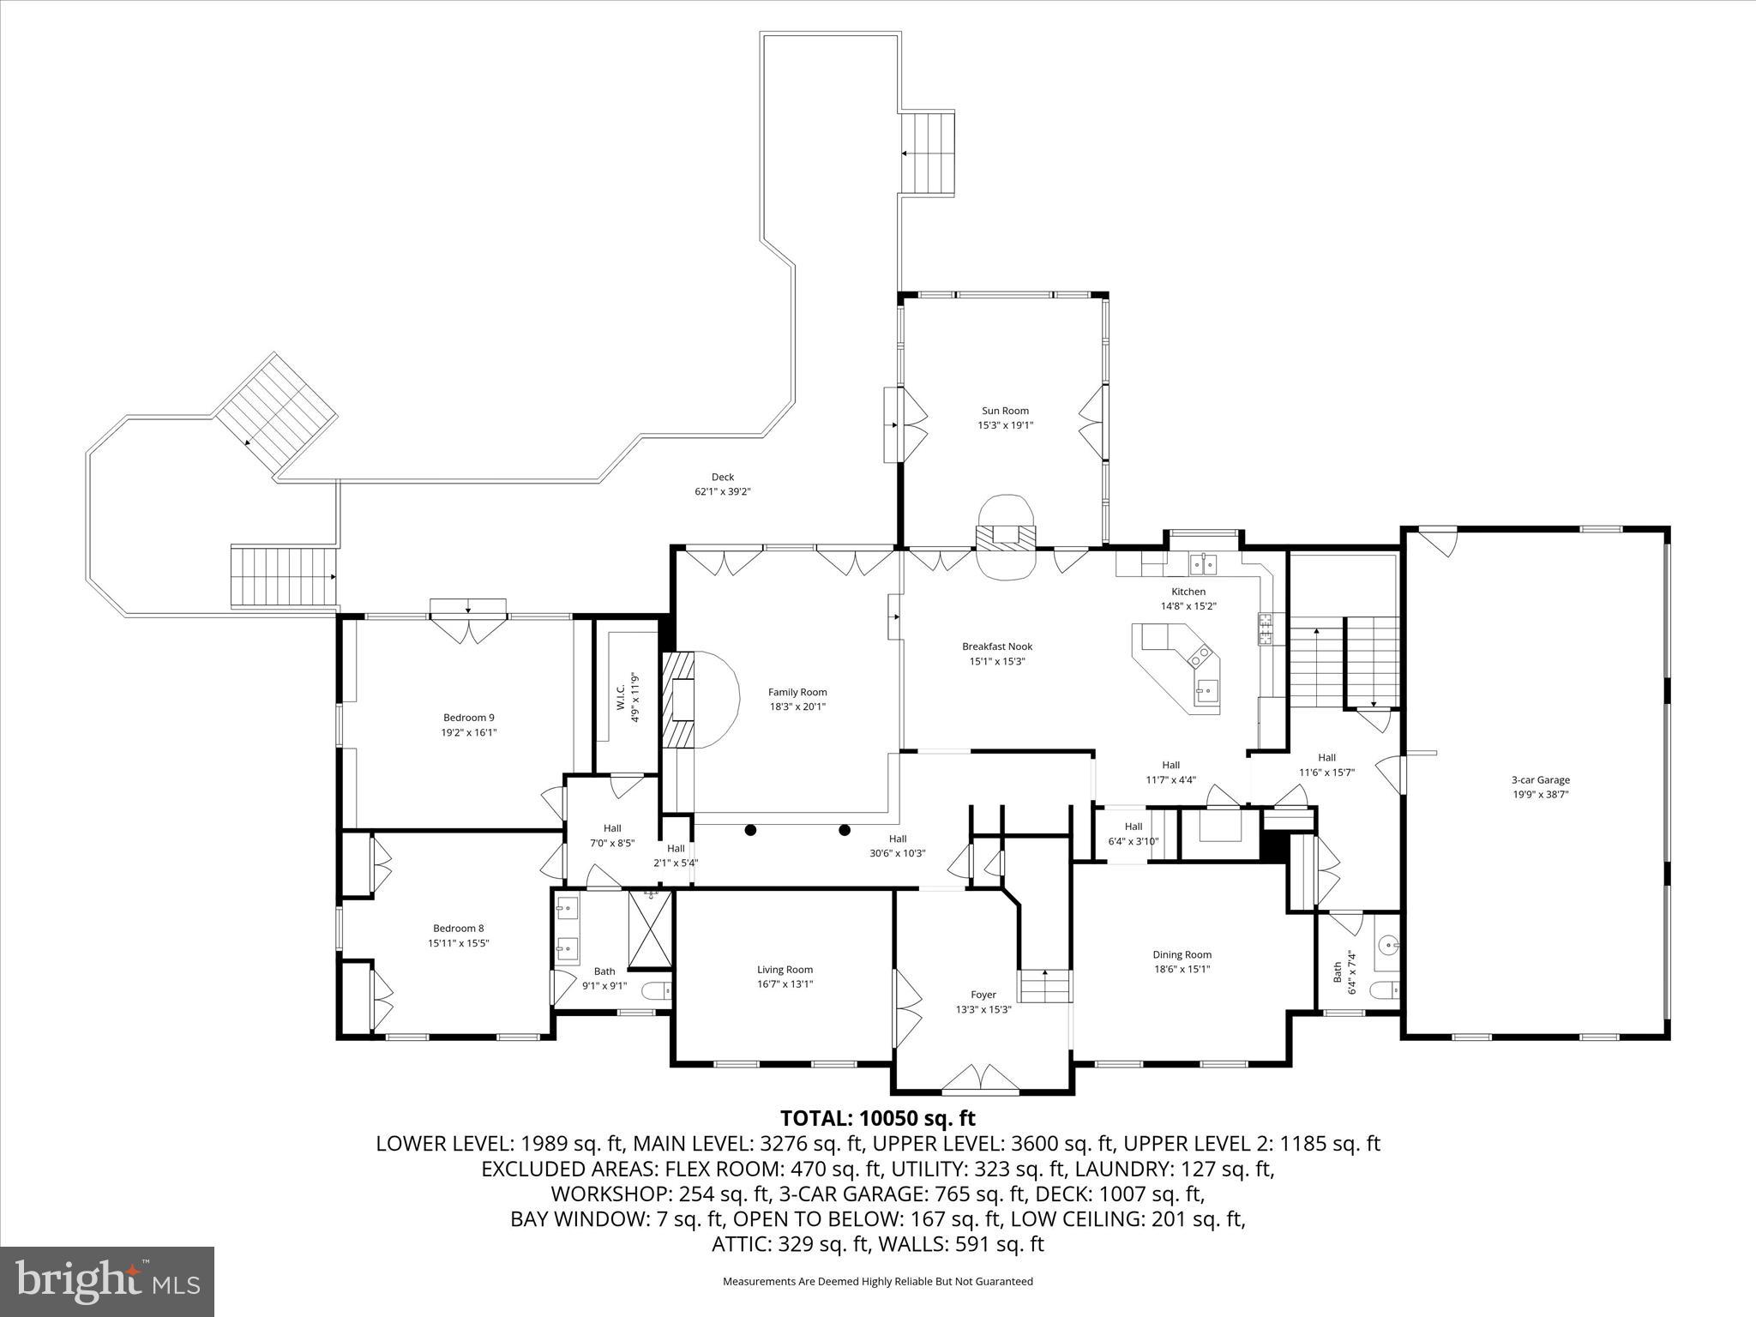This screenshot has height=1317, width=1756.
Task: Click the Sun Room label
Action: pos(1005,411)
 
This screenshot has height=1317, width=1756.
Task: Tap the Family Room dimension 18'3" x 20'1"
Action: pos(797,707)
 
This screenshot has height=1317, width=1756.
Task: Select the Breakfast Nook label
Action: pos(996,646)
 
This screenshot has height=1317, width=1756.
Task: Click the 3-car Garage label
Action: pos(1540,779)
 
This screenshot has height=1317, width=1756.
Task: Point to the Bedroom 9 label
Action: pos(468,718)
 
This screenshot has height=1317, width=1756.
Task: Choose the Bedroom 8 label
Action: pos(458,928)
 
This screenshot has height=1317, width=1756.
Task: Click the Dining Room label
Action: pos(1182,954)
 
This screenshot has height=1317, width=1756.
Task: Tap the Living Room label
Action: pos(785,970)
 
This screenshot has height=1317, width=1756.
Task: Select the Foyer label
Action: pos(983,995)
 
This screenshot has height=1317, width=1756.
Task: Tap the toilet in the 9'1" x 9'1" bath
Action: pos(658,991)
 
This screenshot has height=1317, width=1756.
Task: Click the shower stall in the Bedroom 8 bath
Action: pos(651,928)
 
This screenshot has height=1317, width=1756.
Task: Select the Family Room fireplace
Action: pos(683,700)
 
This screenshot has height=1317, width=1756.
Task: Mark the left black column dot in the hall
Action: pos(750,829)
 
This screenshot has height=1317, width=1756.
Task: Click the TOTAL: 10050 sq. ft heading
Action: pos(877,1118)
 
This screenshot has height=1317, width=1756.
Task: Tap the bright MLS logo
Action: pos(107,1281)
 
